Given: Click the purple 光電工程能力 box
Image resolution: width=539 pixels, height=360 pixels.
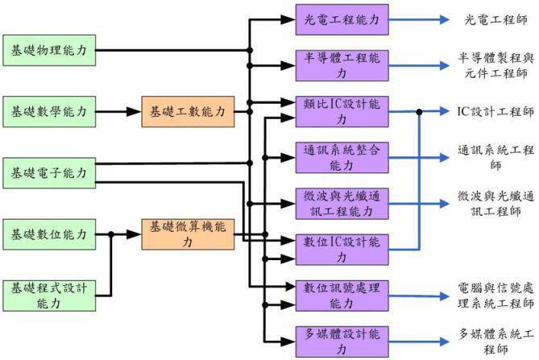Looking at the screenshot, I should point(342,19).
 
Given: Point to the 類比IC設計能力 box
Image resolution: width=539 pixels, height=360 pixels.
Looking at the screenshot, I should point(342,112).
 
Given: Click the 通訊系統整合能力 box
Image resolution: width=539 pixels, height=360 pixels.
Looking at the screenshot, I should point(342,158).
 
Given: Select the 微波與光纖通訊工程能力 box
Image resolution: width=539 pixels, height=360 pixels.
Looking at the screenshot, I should point(342,204).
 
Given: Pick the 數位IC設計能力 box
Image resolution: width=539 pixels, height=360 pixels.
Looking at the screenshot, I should point(342,250).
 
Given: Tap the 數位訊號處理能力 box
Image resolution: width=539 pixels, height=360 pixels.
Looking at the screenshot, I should point(342,296).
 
